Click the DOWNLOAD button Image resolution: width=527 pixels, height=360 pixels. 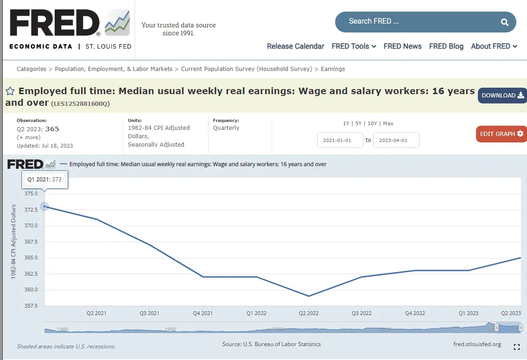(502, 96)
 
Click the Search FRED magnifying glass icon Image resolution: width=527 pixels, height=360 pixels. (505, 22)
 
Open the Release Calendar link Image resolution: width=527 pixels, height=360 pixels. (295, 46)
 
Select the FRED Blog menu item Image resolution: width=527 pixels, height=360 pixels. (446, 46)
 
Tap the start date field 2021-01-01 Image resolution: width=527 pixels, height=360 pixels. (340, 140)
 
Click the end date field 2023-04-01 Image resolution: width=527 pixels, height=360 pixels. (396, 140)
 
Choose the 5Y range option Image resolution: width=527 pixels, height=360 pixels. (358, 123)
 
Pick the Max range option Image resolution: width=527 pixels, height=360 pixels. (388, 123)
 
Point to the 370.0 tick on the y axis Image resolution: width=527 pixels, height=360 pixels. (31, 225)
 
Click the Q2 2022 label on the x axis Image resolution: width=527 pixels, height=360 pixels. (309, 313)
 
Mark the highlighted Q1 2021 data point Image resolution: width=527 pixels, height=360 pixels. (44, 206)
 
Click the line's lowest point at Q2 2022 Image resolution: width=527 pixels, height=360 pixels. (309, 296)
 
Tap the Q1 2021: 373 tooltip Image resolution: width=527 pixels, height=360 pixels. (44, 179)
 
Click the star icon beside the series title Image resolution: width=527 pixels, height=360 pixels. (10, 91)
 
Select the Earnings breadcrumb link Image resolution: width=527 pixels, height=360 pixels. (333, 69)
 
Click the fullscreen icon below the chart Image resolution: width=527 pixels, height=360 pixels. (517, 347)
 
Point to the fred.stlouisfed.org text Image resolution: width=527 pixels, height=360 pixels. (477, 344)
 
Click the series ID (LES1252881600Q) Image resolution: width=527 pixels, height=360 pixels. (80, 103)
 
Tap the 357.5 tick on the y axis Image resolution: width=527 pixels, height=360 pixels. (31, 306)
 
